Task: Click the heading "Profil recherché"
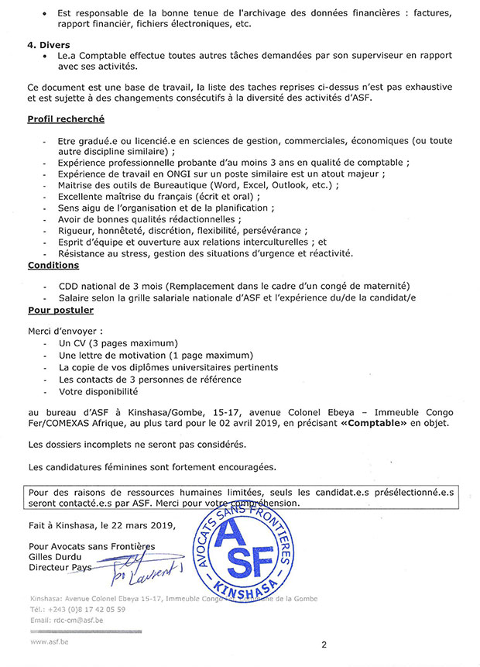(x=66, y=120)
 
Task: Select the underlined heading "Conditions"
(x=53, y=265)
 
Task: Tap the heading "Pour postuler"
(x=60, y=310)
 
